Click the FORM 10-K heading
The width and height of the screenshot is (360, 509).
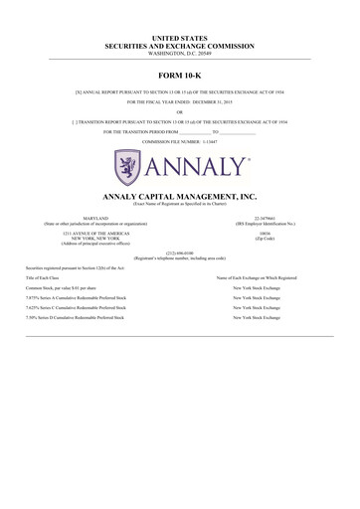[180, 76]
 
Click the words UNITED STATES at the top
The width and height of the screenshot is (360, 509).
[180, 37]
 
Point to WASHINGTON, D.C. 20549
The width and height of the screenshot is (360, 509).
[180, 52]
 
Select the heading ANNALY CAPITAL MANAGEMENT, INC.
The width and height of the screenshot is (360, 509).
[180, 197]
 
